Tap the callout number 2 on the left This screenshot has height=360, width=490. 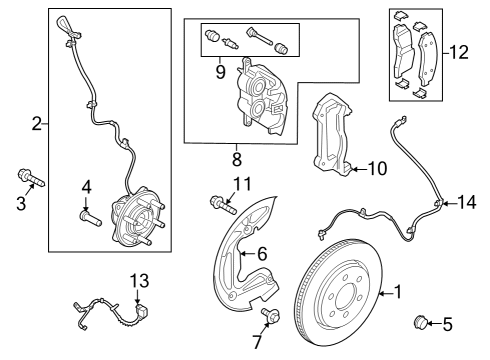pyautogui.click(x=37, y=124)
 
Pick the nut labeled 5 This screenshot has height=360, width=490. pyautogui.click(x=423, y=322)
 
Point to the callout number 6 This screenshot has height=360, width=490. pyautogui.click(x=261, y=254)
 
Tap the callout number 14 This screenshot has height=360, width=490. pyautogui.click(x=467, y=202)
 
